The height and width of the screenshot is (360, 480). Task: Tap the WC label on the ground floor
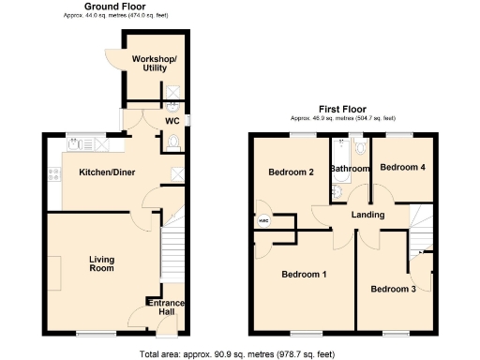pyautogui.click(x=172, y=121)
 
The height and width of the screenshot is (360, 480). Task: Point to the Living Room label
pyautogui.click(x=101, y=263)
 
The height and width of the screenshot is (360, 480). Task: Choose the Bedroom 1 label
pyautogui.click(x=305, y=274)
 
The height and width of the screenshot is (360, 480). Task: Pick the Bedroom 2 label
pyautogui.click(x=290, y=172)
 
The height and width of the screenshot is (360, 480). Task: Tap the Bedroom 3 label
pyautogui.click(x=393, y=289)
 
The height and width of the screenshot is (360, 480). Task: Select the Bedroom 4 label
pyautogui.click(x=403, y=167)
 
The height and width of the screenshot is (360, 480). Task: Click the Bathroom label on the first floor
pyautogui.click(x=351, y=169)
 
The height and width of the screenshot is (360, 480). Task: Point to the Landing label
pyautogui.click(x=367, y=216)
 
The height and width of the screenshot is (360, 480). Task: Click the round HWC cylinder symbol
pyautogui.click(x=263, y=221)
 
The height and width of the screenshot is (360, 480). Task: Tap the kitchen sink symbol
pyautogui.click(x=79, y=145)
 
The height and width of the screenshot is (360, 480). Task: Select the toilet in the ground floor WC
pyautogui.click(x=172, y=142)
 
